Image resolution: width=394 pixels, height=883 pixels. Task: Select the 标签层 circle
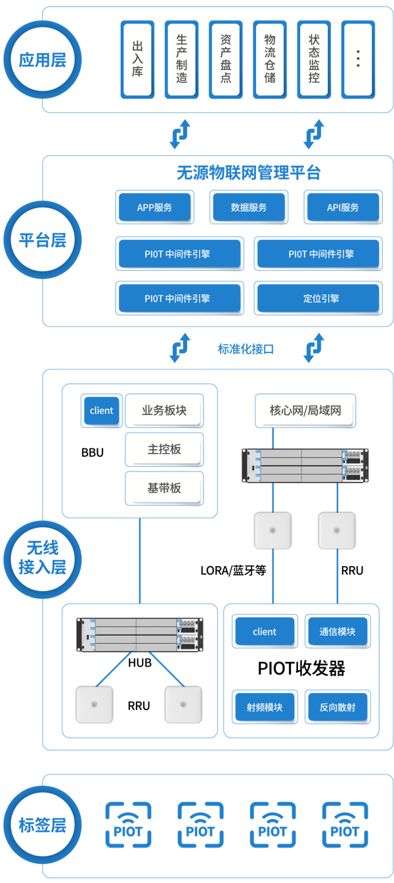(43, 825)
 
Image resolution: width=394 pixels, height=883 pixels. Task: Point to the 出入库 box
(137, 59)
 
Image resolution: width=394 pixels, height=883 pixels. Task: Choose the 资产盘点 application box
(225, 59)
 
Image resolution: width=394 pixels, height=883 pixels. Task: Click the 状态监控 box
(314, 59)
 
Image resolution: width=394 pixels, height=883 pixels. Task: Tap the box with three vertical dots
(358, 59)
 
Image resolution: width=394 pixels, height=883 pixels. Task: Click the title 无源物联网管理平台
(248, 173)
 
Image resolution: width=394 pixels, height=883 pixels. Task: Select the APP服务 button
(155, 208)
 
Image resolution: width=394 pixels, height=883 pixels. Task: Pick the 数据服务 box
(249, 208)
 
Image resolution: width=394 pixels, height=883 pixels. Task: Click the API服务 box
(343, 208)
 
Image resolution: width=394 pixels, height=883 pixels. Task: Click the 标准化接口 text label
(246, 349)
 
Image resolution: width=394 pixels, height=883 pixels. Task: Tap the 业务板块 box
(164, 411)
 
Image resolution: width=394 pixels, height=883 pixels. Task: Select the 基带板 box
(164, 489)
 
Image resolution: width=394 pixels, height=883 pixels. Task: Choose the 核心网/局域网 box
(305, 411)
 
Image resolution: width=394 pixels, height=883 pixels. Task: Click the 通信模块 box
(338, 632)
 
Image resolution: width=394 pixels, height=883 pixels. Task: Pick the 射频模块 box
(265, 707)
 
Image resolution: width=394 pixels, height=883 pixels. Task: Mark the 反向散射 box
(338, 707)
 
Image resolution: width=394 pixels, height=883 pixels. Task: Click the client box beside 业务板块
(102, 411)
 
